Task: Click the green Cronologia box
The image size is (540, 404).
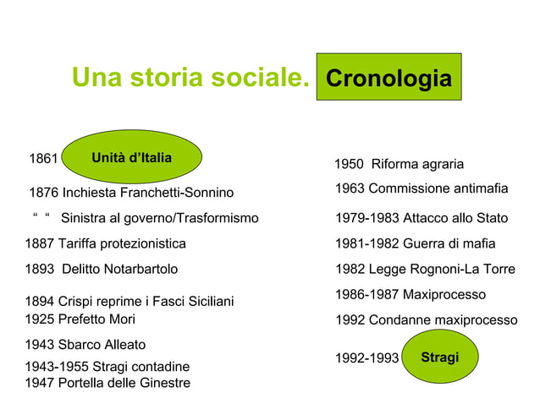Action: tap(388, 78)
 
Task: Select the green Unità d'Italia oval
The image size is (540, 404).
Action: tap(131, 158)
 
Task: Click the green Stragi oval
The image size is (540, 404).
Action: tap(440, 358)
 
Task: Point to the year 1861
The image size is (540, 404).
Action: tap(43, 159)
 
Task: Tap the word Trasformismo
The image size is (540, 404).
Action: tap(217, 218)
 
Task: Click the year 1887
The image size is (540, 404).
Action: tap(40, 243)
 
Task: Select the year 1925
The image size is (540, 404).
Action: tap(40, 319)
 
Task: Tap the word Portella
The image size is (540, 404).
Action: tap(84, 383)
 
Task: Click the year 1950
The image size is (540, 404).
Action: tap(350, 164)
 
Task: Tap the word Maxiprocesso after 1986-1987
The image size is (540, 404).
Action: tap(444, 294)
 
